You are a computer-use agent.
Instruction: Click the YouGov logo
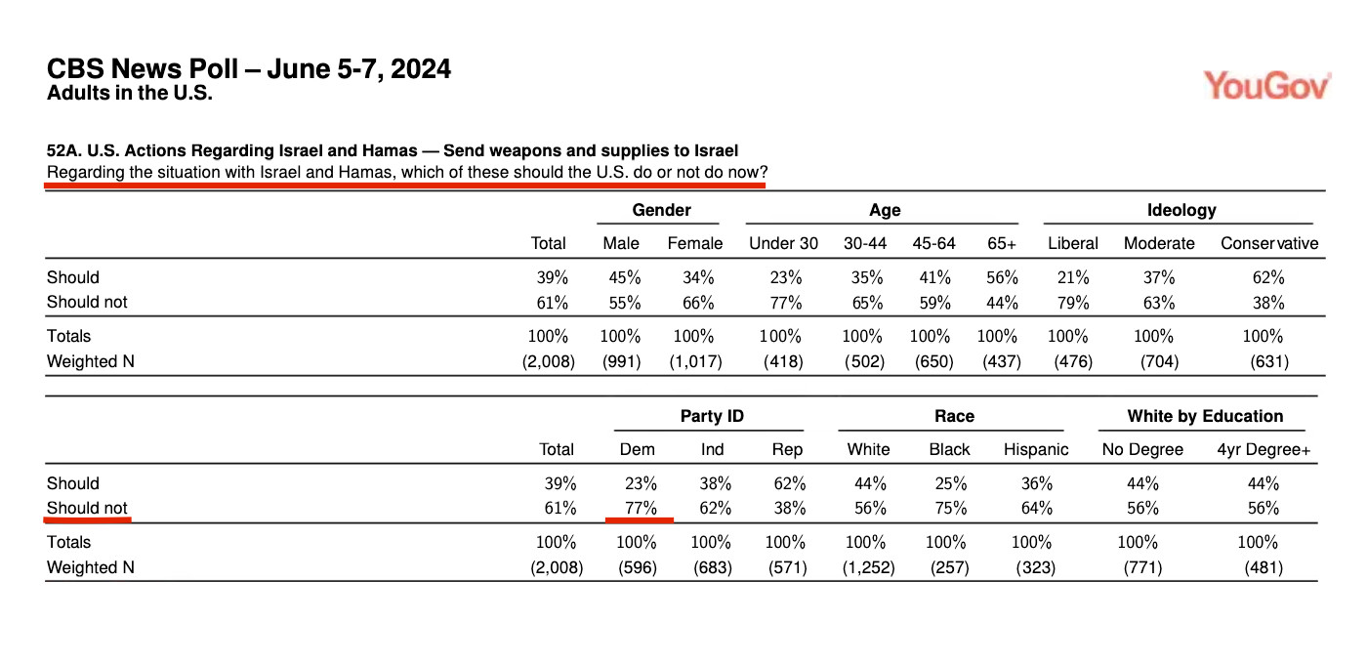point(1267,86)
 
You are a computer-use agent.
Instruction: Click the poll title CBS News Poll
point(143,68)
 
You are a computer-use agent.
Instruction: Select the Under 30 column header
point(783,243)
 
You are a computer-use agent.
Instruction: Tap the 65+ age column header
point(1002,243)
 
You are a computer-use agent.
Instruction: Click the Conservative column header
point(1269,243)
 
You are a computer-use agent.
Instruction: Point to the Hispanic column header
point(1036,450)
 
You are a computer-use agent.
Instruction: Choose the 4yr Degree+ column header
point(1263,450)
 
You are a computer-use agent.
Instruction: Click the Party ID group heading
point(712,416)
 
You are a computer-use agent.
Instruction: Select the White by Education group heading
point(1205,416)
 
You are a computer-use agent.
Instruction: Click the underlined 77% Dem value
point(641,508)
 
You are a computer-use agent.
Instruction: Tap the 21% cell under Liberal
point(1073,277)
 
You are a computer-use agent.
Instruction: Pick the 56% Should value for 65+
point(1002,277)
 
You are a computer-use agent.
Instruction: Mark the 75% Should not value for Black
point(951,508)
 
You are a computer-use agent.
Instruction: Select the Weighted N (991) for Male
point(621,361)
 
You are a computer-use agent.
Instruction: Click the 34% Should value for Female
point(698,277)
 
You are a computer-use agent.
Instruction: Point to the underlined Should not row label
point(87,508)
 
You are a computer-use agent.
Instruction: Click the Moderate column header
point(1159,243)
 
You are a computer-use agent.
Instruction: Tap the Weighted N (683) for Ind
point(712,567)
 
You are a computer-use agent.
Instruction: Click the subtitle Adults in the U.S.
point(129,93)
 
